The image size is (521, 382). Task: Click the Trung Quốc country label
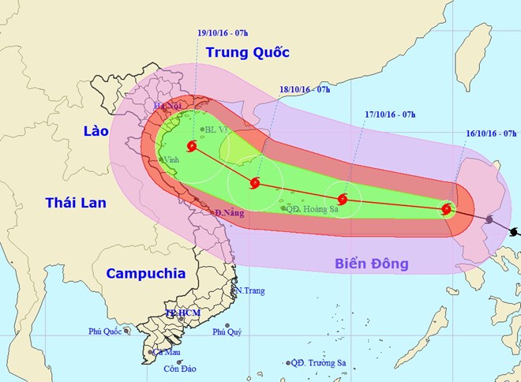[247, 53]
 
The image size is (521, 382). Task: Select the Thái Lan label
[76, 203]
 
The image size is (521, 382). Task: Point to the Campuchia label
[145, 274]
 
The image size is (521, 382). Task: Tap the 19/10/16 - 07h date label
[223, 33]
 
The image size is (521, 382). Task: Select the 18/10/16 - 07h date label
[303, 91]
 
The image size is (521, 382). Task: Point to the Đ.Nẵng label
[229, 213]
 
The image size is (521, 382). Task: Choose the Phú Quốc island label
[104, 331]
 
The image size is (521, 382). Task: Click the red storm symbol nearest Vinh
[193, 146]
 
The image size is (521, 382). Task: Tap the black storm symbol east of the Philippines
[515, 232]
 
